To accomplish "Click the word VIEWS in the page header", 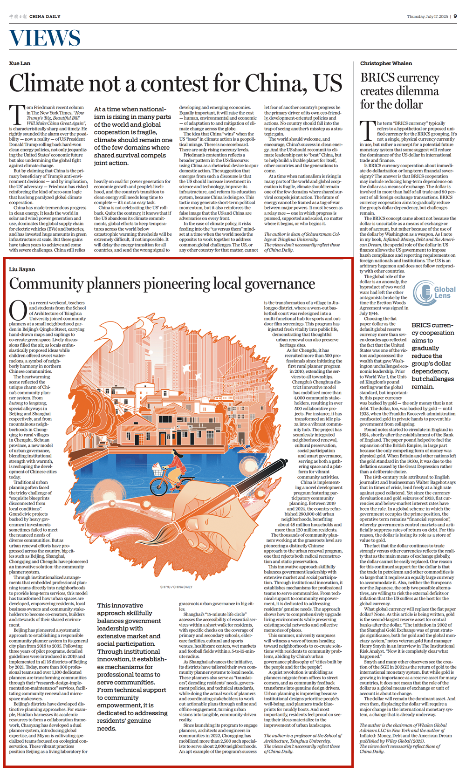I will coord(45,38).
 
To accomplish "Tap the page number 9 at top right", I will coord(455,16).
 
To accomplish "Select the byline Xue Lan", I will coord(20,63).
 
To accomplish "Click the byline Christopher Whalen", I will coord(386,63).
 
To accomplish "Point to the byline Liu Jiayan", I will coord(22,269).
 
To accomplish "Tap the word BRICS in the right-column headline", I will coord(376,78).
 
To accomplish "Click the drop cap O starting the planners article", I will coord(18,311).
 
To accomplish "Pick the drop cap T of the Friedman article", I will coord(17,115).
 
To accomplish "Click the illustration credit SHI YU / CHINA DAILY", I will coord(176,587).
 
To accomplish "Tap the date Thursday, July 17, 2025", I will coord(427,17).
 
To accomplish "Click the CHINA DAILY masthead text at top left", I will coord(45,16).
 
